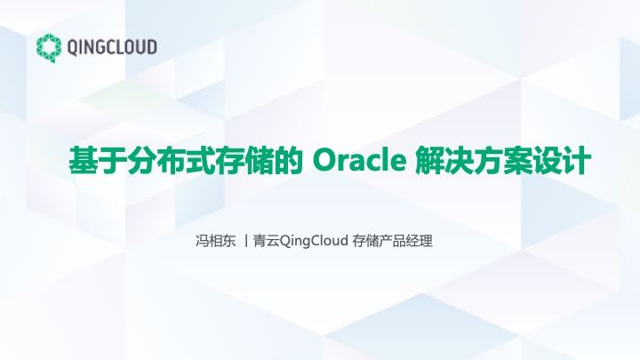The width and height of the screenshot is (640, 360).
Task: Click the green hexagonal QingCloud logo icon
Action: click(49, 48)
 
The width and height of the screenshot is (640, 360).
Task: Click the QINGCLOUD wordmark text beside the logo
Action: click(112, 47)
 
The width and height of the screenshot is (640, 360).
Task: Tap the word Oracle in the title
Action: click(359, 161)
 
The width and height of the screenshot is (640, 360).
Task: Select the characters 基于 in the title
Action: click(98, 161)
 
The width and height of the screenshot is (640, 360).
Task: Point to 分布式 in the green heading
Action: click(171, 161)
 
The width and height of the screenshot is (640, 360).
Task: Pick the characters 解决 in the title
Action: click(444, 161)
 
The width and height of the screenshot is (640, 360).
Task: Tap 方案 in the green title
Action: click(503, 161)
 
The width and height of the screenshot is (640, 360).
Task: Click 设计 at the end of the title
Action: click(562, 161)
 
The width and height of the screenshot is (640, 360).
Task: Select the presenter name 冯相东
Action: click(216, 241)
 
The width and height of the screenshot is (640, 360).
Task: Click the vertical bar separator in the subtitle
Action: click(245, 241)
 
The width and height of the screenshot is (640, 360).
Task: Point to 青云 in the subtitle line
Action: click(267, 241)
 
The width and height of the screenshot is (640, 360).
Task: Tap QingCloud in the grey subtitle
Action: click(314, 241)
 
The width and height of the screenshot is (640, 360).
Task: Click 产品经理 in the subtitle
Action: click(405, 241)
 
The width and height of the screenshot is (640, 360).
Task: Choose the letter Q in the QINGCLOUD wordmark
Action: click(72, 48)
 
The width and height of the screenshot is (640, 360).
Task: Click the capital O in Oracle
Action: click(324, 161)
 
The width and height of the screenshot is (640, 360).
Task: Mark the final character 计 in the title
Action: click(576, 161)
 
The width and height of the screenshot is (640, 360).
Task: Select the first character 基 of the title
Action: click(84, 161)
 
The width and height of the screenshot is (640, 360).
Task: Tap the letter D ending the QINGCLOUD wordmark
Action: click(152, 47)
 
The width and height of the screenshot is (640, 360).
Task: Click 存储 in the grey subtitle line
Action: click(365, 241)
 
